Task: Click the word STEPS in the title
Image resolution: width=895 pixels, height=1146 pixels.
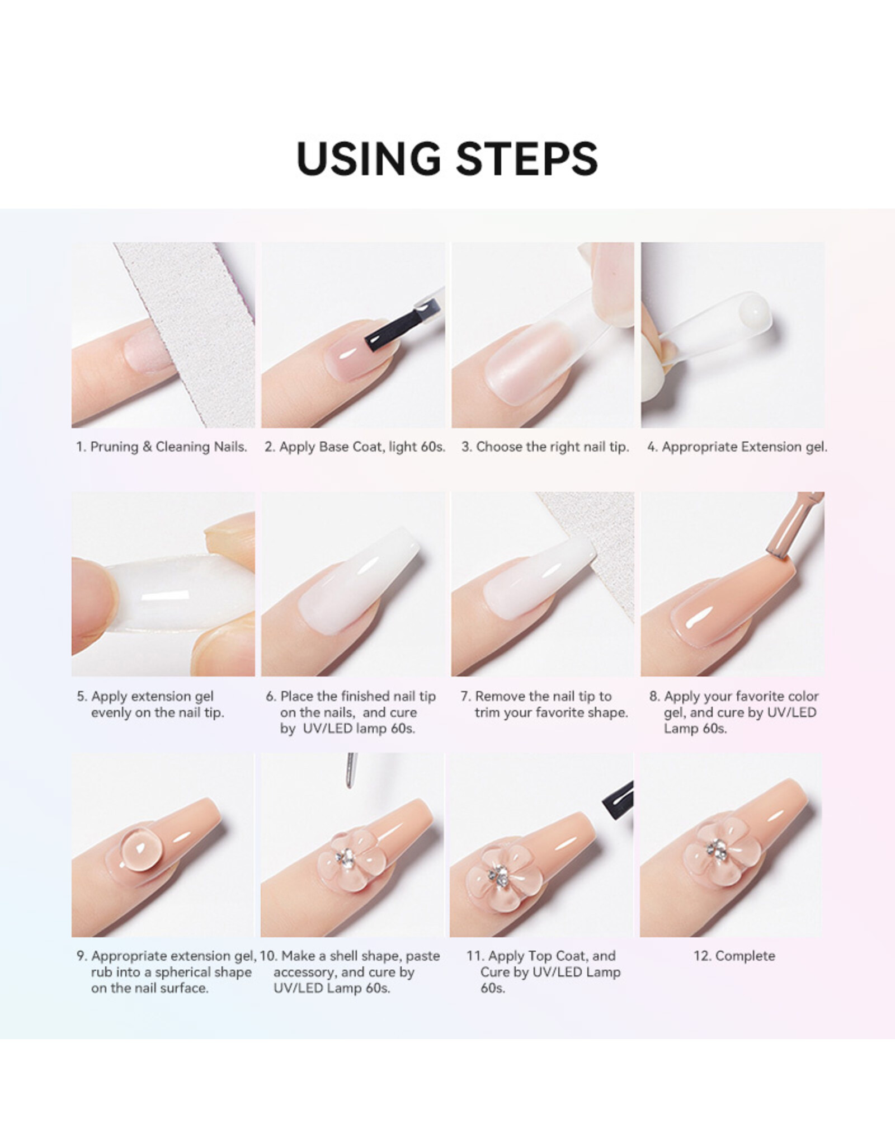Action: pyautogui.click(x=527, y=158)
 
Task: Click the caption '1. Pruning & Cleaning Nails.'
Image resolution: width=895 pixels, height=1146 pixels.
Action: pyautogui.click(x=162, y=447)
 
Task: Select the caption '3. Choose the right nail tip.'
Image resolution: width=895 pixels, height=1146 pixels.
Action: pyautogui.click(x=545, y=447)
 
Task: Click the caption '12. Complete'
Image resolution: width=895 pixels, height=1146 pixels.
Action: pyautogui.click(x=734, y=956)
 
